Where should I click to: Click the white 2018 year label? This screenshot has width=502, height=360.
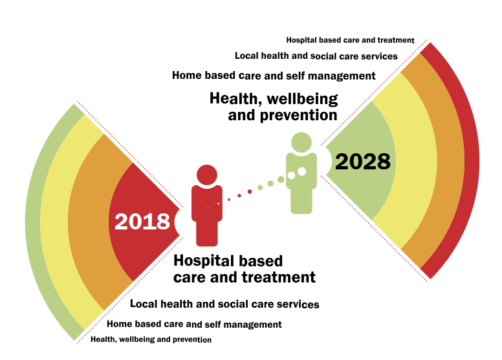tap(142, 222)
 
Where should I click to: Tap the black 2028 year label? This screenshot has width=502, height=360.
tap(363, 162)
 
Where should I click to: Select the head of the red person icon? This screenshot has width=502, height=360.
tap(207, 175)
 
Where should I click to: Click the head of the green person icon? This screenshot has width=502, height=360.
tap(301, 142)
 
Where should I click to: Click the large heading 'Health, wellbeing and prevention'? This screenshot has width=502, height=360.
tap(274, 107)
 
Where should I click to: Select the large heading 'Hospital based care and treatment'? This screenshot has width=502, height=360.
tap(245, 269)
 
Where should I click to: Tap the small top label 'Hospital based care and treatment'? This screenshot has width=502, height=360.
tap(350, 40)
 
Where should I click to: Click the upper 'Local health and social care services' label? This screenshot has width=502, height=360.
tap(316, 56)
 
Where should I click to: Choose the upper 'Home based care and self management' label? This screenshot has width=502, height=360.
tap(274, 76)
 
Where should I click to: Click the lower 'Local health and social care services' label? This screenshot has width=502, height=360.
tap(224, 304)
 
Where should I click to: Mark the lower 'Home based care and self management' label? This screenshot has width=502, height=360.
tap(194, 324)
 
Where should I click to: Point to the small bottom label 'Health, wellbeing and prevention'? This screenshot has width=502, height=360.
tap(151, 339)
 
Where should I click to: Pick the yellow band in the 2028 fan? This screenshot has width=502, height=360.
tap(416, 160)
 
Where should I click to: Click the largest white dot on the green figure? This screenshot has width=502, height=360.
tap(301, 171)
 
